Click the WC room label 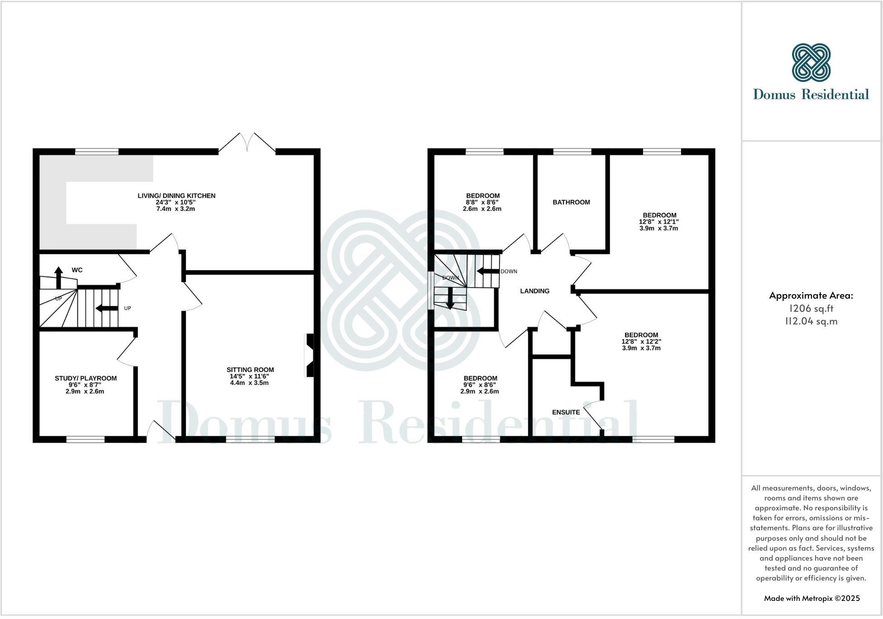[x=77, y=270]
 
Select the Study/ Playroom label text [x=85, y=378]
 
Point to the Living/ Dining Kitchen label [x=176, y=196]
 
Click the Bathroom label [x=571, y=202]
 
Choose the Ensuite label [x=566, y=412]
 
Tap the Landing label [x=535, y=291]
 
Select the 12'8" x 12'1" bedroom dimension [x=659, y=222]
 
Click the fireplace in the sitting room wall [x=309, y=355]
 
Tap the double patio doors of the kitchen [x=247, y=143]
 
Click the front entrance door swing [x=161, y=431]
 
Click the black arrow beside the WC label [x=58, y=277]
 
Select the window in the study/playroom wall [x=85, y=438]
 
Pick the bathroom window [x=572, y=152]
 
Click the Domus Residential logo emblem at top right [x=811, y=63]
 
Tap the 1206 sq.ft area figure [x=811, y=309]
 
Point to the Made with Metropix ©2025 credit [x=812, y=598]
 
